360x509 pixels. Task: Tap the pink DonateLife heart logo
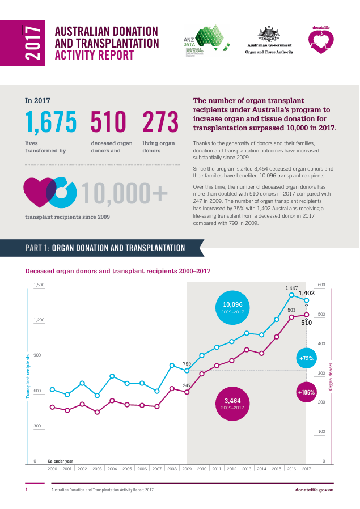[x=320, y=40]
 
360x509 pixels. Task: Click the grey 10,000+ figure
[x=125, y=194]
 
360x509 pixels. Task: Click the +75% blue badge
[x=306, y=358]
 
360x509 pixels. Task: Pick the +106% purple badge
[x=306, y=392]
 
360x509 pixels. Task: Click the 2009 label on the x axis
[x=187, y=469]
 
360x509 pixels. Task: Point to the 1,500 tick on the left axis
[x=39, y=285]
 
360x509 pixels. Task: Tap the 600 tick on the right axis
[x=321, y=285]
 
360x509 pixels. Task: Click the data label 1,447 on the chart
[x=291, y=288]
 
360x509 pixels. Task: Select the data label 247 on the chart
[x=187, y=385]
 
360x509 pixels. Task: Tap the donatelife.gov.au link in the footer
[x=314, y=489]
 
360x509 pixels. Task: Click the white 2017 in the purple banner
[x=33, y=42]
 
